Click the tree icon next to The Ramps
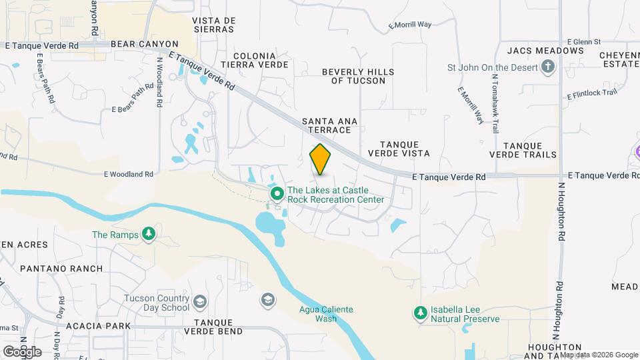point(149,234)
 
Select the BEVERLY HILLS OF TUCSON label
point(358,76)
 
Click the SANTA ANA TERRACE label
point(330,125)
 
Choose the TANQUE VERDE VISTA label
point(405,149)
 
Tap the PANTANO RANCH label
point(61,269)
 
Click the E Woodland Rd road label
point(128,175)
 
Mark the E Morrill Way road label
point(410,25)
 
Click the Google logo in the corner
point(22,352)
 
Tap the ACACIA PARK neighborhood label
point(98,327)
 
